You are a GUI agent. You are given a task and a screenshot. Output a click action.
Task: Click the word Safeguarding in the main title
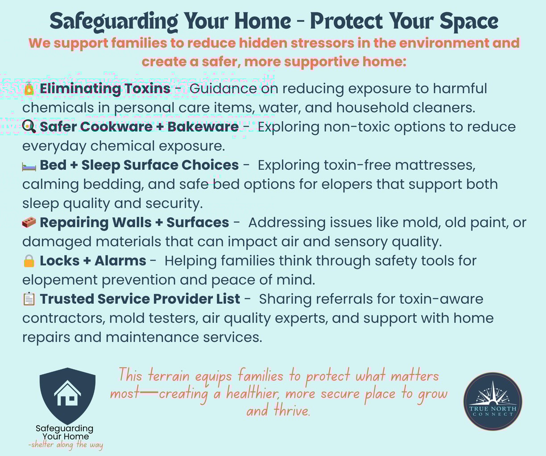tap(114, 21)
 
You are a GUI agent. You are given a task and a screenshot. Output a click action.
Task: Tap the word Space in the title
tap(469, 21)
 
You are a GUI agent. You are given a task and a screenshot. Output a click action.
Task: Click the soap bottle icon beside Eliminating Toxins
tap(29, 89)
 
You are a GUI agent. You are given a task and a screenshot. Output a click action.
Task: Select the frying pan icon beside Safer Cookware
tap(29, 126)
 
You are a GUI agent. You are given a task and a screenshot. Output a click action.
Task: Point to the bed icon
tap(29, 167)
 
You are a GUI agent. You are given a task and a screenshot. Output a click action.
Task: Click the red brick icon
tap(29, 222)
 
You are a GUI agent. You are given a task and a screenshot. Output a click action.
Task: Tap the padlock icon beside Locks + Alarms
tap(29, 261)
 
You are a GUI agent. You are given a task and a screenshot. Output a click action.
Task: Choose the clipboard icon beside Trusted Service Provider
tap(29, 299)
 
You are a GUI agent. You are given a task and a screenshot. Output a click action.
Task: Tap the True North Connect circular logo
tap(492, 401)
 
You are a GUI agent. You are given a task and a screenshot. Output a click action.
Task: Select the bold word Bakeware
tap(203, 127)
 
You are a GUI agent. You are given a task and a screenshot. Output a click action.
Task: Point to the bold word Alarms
tap(120, 261)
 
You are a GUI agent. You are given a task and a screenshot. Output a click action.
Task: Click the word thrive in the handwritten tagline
tap(292, 410)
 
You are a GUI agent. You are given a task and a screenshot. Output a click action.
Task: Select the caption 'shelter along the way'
tap(66, 444)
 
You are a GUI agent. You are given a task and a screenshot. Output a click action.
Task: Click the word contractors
tap(64, 318)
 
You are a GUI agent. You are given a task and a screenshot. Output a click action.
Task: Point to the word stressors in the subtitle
tap(323, 43)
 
